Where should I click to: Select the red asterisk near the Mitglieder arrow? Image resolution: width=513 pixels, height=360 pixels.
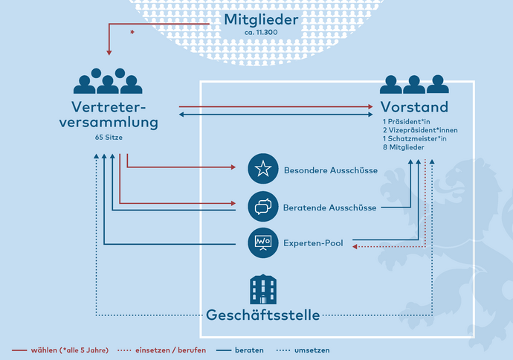[132, 33]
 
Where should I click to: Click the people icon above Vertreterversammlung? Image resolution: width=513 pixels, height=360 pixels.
[109, 80]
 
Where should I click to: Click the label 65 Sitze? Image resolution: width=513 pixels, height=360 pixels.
[109, 138]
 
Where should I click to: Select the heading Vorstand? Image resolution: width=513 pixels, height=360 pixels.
[414, 106]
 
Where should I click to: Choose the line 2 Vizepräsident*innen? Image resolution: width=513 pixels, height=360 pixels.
[419, 129]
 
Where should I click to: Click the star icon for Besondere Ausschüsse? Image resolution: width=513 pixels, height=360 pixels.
[262, 170]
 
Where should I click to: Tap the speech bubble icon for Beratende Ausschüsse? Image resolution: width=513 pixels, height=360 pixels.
[262, 206]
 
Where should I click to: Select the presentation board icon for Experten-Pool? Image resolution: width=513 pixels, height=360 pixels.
[262, 242]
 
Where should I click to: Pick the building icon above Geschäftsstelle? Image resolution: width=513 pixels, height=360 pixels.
[262, 288]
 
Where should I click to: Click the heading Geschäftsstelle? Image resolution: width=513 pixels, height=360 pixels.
[263, 315]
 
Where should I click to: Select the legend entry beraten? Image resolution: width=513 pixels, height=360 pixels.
[248, 350]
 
